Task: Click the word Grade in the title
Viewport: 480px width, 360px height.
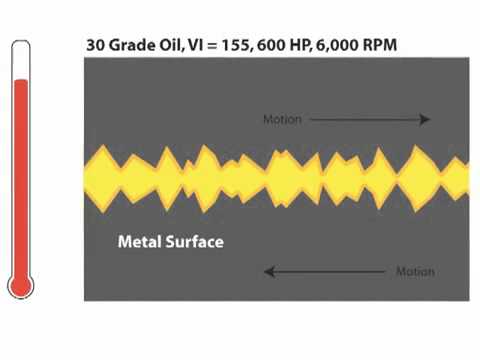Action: (132, 45)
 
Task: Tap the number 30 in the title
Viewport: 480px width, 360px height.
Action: (96, 45)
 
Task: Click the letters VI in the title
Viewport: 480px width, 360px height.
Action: (195, 45)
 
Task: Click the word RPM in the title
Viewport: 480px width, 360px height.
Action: (380, 45)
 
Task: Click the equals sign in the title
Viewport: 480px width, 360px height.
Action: (212, 45)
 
